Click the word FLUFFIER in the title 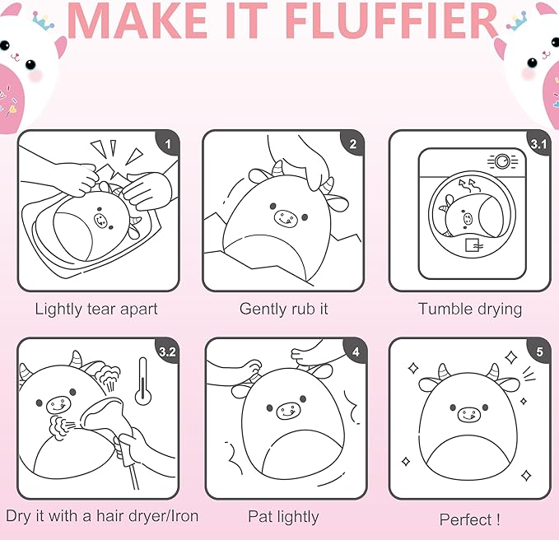(x=391, y=21)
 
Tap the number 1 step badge (x=168, y=143)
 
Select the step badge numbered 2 (x=353, y=143)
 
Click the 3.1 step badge (x=538, y=144)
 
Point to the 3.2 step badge (x=167, y=351)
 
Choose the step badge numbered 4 (x=356, y=351)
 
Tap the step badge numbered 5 (x=539, y=351)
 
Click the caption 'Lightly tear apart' (x=96, y=310)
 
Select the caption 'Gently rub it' (x=284, y=309)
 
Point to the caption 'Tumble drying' (x=470, y=310)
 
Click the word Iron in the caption (x=184, y=516)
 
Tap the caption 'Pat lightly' (x=283, y=517)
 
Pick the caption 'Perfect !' (x=469, y=519)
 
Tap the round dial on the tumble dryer (x=502, y=161)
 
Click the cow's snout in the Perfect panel (x=469, y=415)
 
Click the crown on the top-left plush (x=44, y=21)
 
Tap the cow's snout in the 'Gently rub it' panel (x=286, y=218)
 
